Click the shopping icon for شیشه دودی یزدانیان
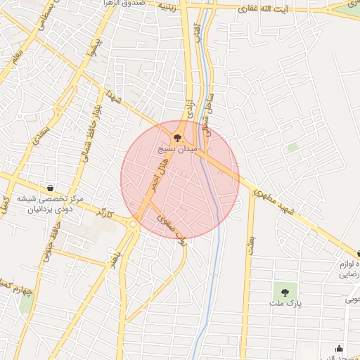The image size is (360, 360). click(51, 188)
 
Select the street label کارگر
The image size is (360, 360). click(106, 212)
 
